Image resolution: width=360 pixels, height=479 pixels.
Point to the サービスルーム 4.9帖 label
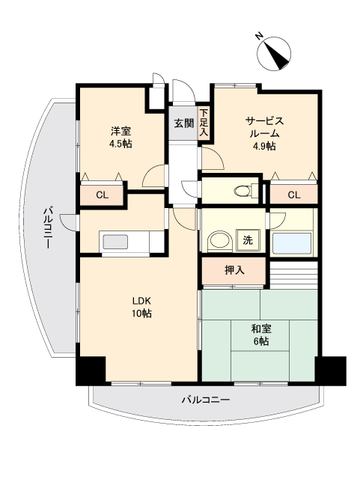263,133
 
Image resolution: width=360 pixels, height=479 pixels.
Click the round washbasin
218,241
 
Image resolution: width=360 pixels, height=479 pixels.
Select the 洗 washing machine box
248,241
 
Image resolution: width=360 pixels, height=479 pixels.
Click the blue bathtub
293,243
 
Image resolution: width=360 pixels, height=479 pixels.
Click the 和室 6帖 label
259,335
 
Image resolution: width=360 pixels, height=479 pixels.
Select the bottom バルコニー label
205,400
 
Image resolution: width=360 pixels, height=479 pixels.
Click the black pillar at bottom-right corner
330,370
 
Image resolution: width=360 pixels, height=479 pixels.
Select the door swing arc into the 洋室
153,177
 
